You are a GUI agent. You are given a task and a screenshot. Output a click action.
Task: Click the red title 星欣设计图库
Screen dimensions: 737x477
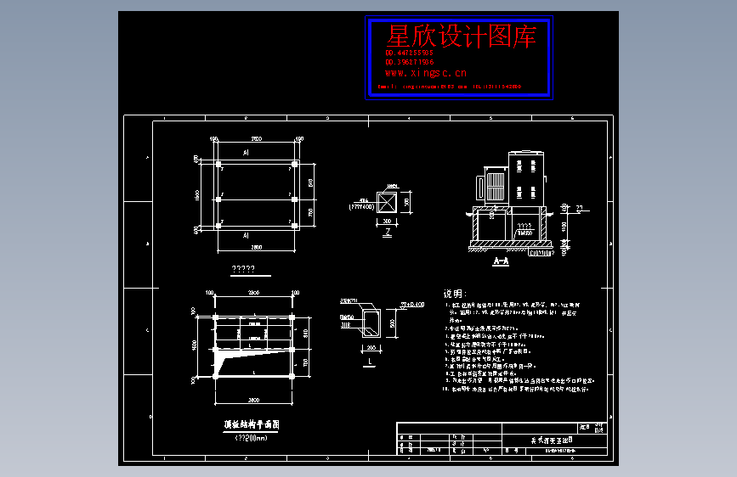point(462,36)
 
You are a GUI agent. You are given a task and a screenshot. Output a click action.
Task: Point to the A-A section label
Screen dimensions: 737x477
point(501,262)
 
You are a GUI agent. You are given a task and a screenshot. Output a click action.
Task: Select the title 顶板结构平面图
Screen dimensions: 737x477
point(252,424)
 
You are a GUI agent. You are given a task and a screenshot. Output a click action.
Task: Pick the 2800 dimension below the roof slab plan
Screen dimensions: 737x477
point(254,398)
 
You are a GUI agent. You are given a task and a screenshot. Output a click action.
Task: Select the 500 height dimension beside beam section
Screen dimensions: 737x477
point(393,323)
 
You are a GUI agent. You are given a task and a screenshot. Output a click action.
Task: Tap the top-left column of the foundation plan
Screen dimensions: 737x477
point(218,164)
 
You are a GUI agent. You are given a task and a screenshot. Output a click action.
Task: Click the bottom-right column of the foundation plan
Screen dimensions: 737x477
point(294,226)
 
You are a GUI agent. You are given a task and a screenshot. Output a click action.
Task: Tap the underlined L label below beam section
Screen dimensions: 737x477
point(371,362)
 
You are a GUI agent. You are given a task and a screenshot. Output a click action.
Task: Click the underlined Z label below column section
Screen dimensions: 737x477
point(388,231)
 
